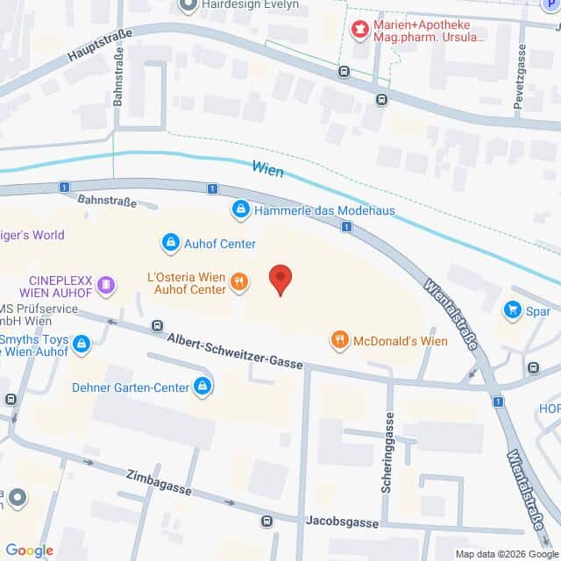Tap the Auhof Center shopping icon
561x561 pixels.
pyautogui.click(x=170, y=243)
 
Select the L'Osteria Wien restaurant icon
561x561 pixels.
pyautogui.click(x=238, y=282)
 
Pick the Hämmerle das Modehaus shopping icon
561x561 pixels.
pyautogui.click(x=240, y=210)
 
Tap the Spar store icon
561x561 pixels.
pyautogui.click(x=512, y=309)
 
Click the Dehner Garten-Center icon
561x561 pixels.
pyautogui.click(x=202, y=385)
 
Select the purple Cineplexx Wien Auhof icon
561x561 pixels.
pyautogui.click(x=106, y=284)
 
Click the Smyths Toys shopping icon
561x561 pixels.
pyautogui.click(x=82, y=343)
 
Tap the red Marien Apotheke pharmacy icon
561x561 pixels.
pyautogui.click(x=359, y=32)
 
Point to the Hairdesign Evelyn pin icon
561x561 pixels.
pyautogui.click(x=187, y=4)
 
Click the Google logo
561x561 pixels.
pyautogui.click(x=30, y=550)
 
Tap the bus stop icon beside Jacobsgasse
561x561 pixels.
pyautogui.click(x=266, y=522)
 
